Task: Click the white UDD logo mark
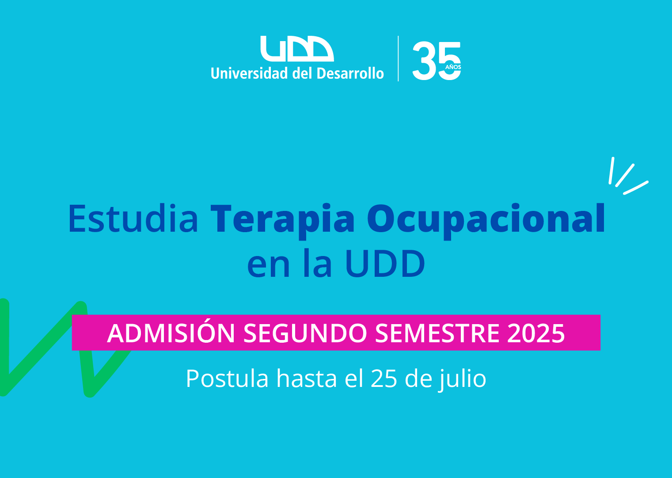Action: click(x=297, y=49)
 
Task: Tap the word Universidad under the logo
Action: click(x=249, y=73)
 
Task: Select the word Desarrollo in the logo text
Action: click(x=350, y=73)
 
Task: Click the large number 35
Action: click(x=437, y=61)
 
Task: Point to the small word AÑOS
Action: click(x=453, y=67)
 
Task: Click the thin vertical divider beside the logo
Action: click(x=398, y=58)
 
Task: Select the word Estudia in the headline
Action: click(x=133, y=218)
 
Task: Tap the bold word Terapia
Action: click(x=282, y=222)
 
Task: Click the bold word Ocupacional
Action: click(x=486, y=222)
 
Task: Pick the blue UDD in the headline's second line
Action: click(x=385, y=264)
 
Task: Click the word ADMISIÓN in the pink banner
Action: click(x=171, y=333)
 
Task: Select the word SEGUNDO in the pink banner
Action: click(x=305, y=333)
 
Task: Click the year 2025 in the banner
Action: click(x=536, y=333)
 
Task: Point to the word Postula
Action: click(x=227, y=379)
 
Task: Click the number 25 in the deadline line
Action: click(x=384, y=379)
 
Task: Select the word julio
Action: click(x=462, y=379)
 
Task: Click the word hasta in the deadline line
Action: click(x=307, y=379)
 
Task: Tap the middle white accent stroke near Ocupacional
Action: click(x=625, y=176)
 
